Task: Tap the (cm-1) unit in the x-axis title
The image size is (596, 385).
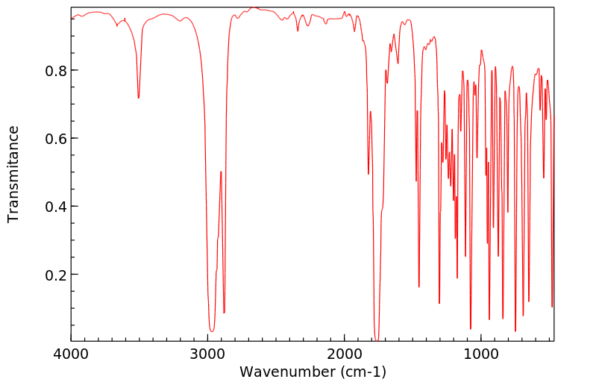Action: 363,371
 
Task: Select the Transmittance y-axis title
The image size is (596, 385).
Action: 13,173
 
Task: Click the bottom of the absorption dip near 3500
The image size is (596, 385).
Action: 139,98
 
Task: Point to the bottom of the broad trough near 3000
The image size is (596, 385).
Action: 212,331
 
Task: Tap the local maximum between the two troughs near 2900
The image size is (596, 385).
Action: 221,172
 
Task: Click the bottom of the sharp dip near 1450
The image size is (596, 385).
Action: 419,287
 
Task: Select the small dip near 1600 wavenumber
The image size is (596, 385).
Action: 398,63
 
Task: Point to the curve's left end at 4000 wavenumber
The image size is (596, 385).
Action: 72,18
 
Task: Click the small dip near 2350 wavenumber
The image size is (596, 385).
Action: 298,31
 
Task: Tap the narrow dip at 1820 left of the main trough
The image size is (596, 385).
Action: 368,174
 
